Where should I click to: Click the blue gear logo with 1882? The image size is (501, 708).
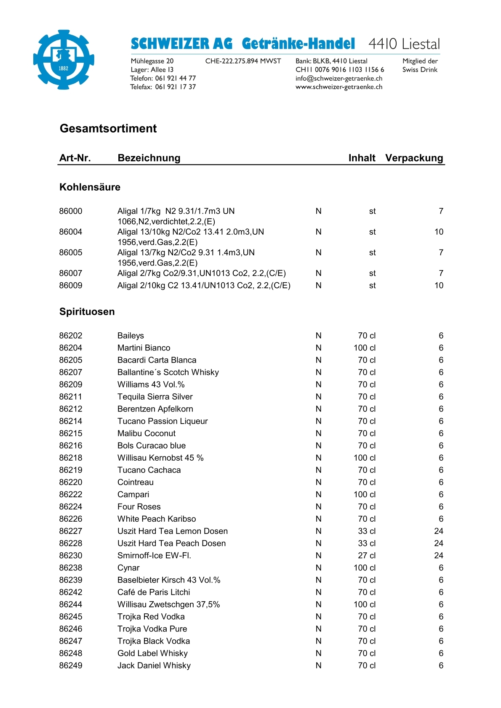point(64,59)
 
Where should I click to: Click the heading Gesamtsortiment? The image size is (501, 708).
point(108,128)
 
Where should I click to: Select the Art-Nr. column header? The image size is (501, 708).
point(75,158)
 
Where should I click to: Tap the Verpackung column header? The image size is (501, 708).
point(414,158)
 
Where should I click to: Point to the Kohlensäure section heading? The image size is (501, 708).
point(90,187)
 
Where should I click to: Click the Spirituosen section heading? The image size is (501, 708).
point(87,312)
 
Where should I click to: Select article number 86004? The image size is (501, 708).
point(71,232)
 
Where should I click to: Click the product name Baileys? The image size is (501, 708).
point(131,336)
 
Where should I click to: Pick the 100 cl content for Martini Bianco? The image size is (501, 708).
point(365,348)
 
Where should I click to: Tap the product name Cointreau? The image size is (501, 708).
point(136,482)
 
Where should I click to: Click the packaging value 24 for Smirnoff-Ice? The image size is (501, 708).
point(438,555)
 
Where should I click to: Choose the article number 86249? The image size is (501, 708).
point(71,666)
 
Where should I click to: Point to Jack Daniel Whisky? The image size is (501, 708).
point(154,666)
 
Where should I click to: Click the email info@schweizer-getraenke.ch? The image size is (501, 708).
point(339,78)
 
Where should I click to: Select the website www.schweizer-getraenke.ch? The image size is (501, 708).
point(339,87)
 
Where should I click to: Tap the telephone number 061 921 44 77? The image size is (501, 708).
point(175,78)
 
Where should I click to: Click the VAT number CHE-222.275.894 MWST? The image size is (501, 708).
point(243,61)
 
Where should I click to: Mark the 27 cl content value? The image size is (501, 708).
point(367,555)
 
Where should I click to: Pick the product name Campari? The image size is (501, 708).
point(133,494)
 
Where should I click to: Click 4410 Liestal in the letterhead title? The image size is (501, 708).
point(404,44)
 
